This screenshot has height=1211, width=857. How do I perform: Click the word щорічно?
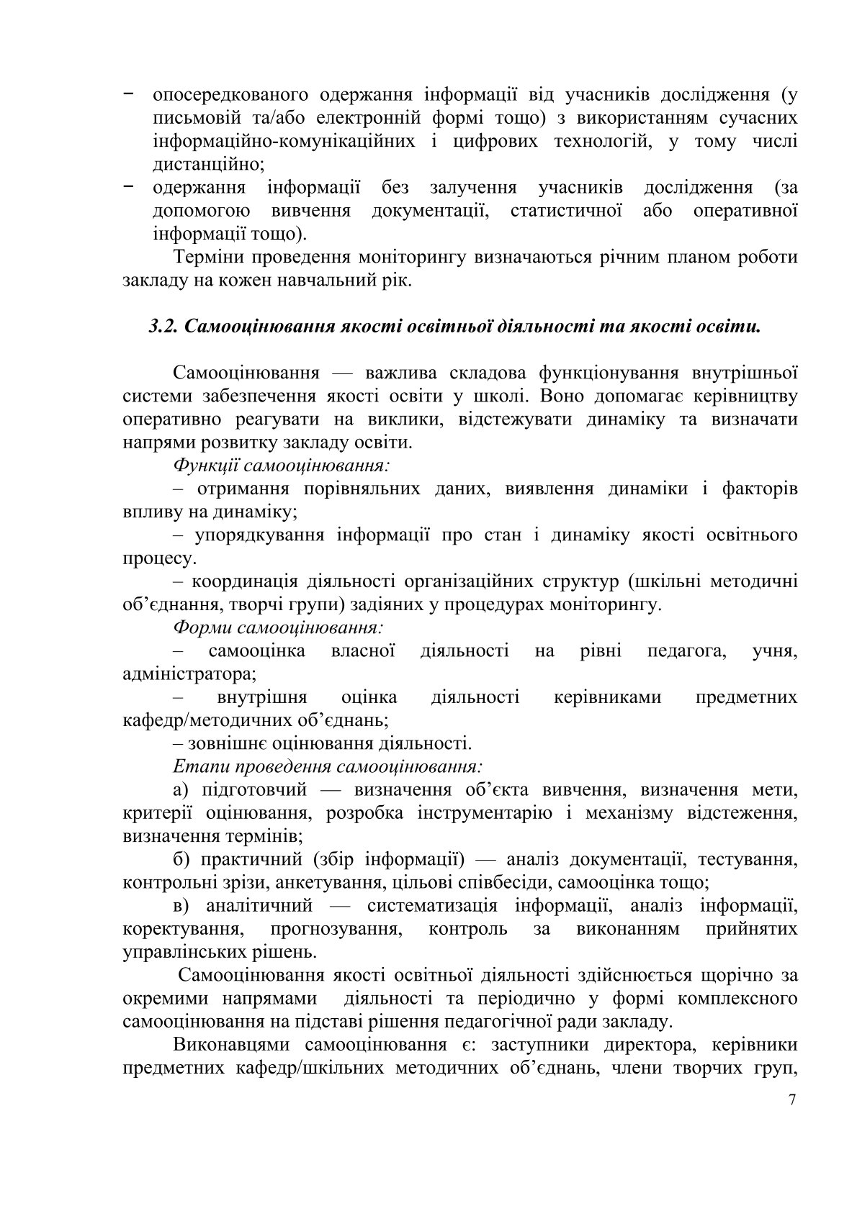(732, 975)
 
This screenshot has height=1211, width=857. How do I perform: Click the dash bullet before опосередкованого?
(128, 94)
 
